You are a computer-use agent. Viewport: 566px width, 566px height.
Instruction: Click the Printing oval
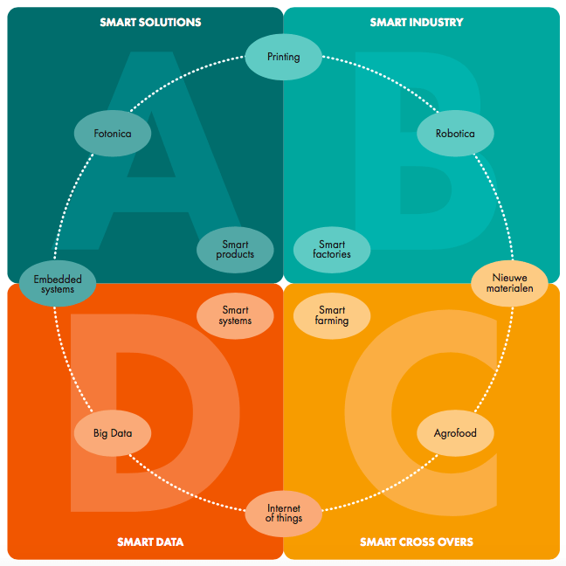point(283,57)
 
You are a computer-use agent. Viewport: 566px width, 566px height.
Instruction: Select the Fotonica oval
point(112,134)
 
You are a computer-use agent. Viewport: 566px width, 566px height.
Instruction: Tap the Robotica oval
point(455,134)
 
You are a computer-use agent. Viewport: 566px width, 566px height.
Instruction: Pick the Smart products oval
point(235,250)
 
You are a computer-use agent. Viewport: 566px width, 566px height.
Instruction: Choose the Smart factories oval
point(332,250)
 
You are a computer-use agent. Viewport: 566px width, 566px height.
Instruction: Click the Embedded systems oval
point(57,285)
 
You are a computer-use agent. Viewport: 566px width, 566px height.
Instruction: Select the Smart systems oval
point(235,315)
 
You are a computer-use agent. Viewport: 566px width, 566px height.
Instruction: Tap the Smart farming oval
point(332,315)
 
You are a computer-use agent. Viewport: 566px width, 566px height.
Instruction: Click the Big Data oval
point(113,432)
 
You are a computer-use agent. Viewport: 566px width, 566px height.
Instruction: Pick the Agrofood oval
point(455,432)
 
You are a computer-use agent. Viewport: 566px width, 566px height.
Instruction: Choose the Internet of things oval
point(284,513)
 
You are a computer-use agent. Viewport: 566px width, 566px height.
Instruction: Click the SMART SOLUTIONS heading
point(150,22)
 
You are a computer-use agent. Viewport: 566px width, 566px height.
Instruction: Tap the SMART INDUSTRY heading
point(417,22)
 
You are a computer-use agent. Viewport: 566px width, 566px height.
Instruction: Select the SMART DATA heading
point(150,542)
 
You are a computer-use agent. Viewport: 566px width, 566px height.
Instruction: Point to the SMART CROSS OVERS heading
point(417,542)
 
